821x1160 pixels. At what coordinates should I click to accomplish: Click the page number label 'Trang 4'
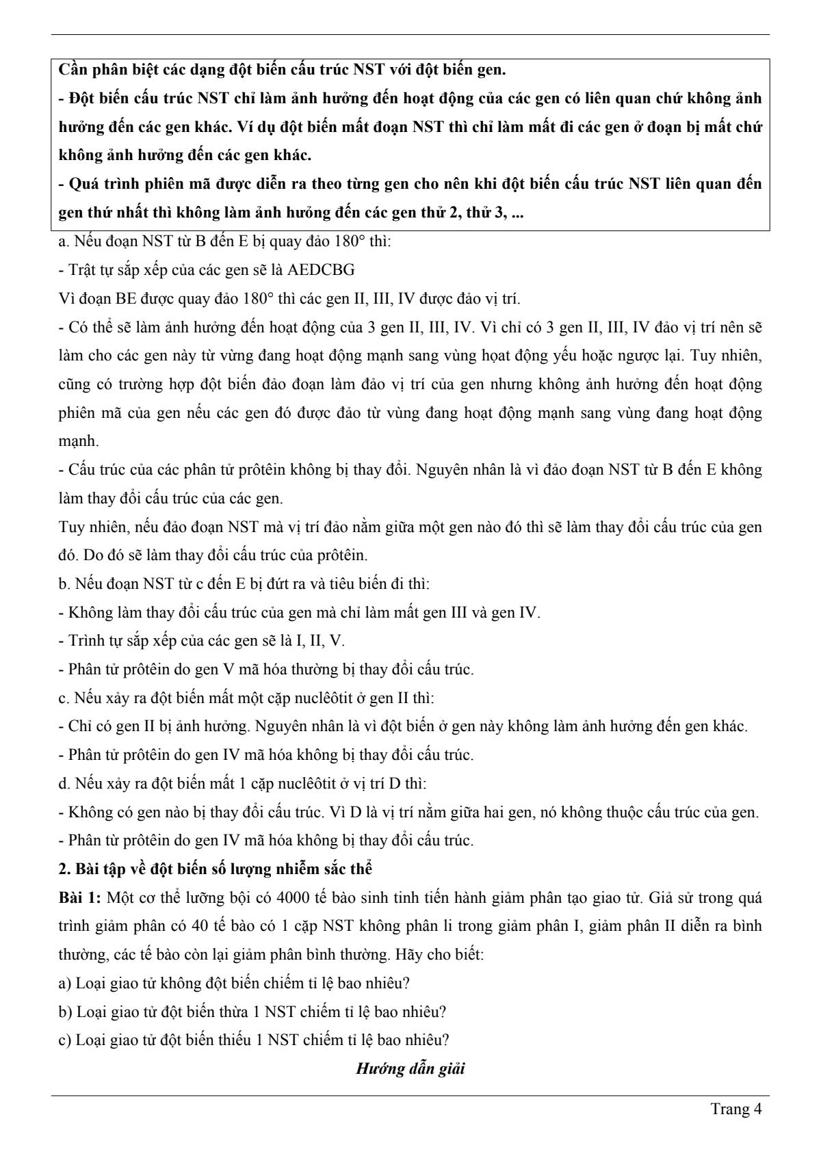[736, 1109]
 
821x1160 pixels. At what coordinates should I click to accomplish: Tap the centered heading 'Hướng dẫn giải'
[410, 1069]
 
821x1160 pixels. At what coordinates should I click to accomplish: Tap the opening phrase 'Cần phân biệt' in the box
[103, 70]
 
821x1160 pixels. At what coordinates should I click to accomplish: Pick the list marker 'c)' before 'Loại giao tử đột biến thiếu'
[65, 1040]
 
